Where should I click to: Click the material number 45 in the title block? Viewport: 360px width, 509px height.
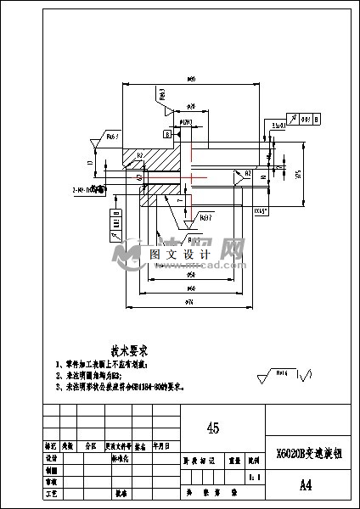point(213,428)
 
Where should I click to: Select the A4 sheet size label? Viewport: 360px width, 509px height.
point(307,486)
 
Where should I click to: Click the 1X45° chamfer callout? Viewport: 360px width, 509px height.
point(262,208)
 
